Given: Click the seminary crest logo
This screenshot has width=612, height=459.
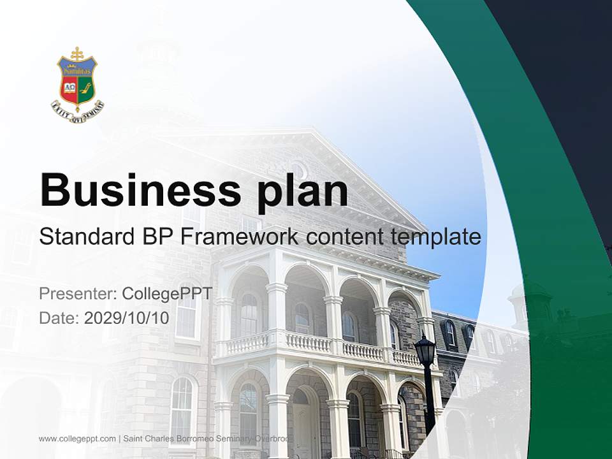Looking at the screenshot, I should click(x=77, y=84).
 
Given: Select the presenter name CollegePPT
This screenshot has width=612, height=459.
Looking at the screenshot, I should click(x=167, y=294).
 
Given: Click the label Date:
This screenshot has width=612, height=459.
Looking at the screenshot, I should click(x=59, y=318).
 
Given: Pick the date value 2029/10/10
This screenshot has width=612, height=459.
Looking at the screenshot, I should click(x=127, y=318).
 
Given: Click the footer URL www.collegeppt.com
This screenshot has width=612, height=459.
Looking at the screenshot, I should click(x=77, y=439).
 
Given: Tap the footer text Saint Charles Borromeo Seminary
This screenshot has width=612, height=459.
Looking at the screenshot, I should click(x=191, y=439).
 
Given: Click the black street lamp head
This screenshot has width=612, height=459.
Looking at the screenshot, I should click(x=425, y=350).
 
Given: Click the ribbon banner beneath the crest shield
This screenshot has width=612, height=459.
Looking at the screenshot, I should click(x=77, y=111).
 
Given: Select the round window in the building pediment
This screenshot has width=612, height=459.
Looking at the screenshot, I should click(x=298, y=170).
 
